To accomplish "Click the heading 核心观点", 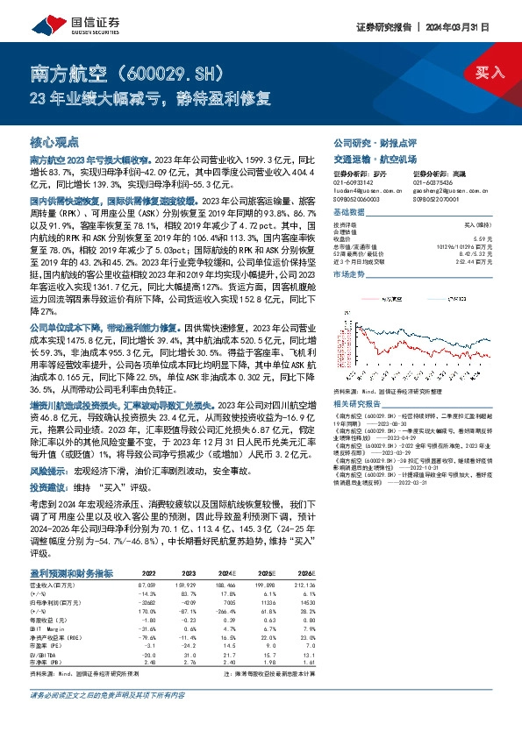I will (54, 141).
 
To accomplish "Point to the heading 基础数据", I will (349, 212).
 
